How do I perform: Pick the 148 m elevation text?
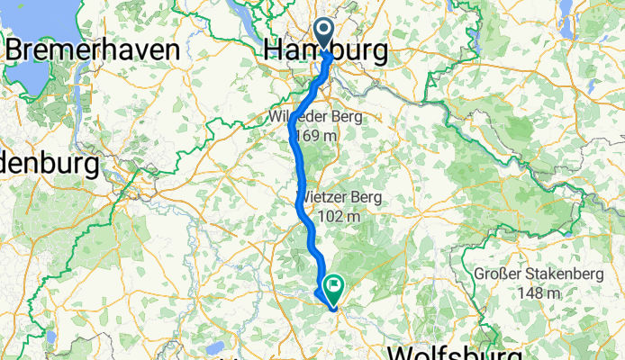click(x=538, y=293)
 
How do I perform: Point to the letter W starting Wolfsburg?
click(x=401, y=351)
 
